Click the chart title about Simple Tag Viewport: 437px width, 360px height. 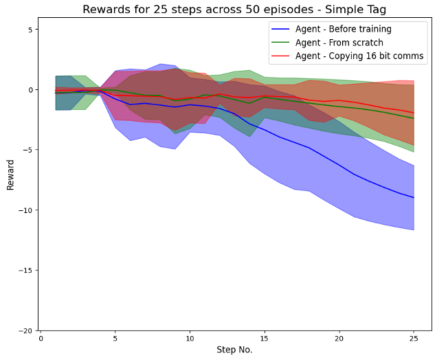point(235,10)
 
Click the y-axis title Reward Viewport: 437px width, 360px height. point(11,175)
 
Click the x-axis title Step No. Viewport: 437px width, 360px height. point(234,350)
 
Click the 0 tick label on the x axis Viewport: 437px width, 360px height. point(41,339)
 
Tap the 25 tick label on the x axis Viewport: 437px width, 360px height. point(414,339)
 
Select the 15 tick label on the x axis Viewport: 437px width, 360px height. point(265,339)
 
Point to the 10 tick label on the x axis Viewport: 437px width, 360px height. point(190,339)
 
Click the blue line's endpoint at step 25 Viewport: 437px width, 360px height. point(414,198)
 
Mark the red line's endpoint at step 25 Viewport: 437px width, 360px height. point(414,113)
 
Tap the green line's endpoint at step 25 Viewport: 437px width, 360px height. point(414,118)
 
